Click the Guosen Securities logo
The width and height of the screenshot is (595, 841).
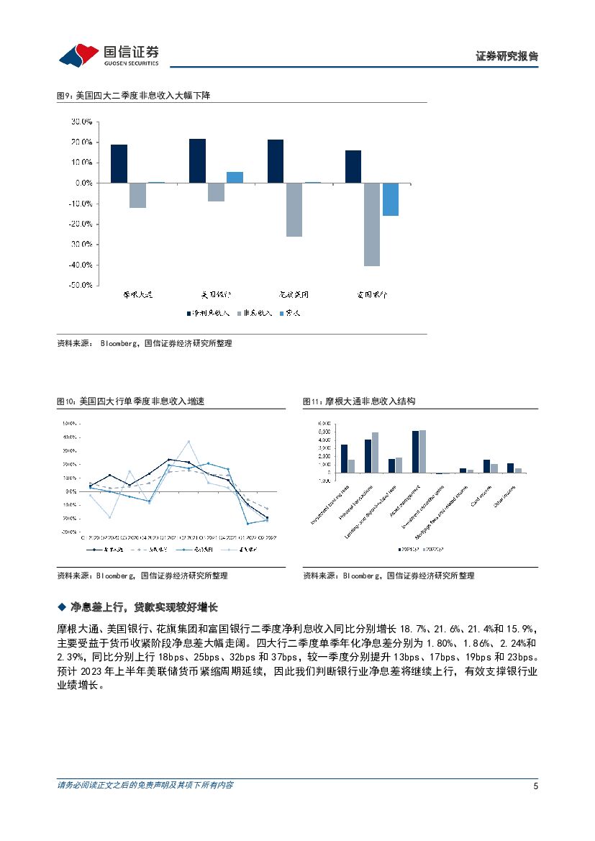[x=108, y=53]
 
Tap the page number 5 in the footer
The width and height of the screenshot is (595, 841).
[x=535, y=786]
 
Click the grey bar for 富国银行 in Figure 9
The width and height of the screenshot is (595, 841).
[x=371, y=224]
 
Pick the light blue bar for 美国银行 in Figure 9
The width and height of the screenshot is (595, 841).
[x=235, y=177]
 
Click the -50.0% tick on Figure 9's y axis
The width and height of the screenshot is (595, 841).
[x=81, y=286]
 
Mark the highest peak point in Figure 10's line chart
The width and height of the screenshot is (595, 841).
[x=189, y=442]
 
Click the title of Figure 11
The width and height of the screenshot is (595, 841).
[x=359, y=401]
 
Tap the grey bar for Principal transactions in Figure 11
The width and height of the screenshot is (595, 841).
[x=375, y=453]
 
